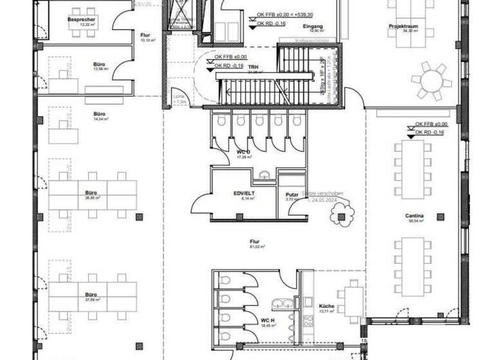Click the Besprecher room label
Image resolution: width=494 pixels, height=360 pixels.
(82, 19)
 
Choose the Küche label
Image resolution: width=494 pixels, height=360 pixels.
(327, 305)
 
